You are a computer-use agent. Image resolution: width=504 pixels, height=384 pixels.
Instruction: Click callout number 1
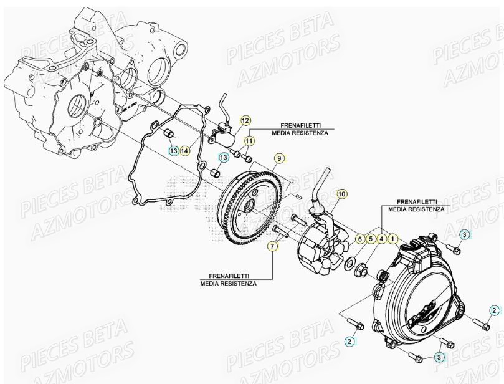[x=392, y=239]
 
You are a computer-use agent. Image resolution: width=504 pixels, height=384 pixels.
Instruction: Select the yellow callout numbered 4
[x=381, y=239]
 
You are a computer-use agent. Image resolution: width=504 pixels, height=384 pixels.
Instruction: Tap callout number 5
[x=370, y=239]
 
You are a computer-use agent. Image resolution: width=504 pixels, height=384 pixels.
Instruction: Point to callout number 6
[x=359, y=239]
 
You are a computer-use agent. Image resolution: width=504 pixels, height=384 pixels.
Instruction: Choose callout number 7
[x=272, y=247]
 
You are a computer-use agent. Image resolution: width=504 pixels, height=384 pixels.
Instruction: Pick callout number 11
[x=249, y=142]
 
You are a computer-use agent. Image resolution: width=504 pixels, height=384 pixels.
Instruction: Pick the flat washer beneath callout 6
[x=350, y=260]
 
